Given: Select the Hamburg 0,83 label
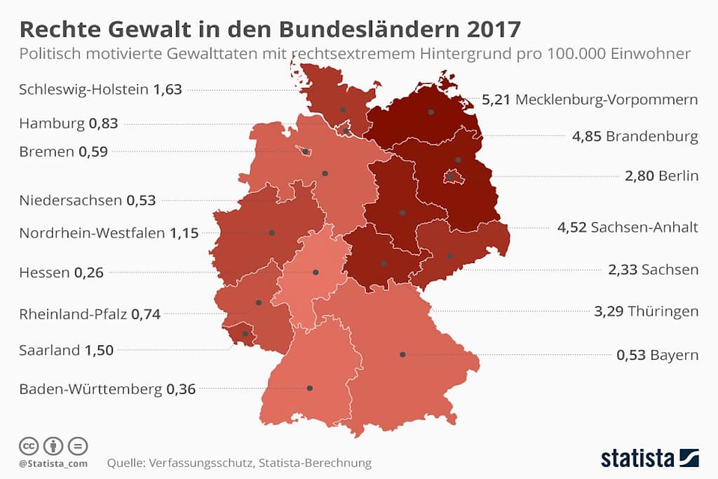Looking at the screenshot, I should point(68,123).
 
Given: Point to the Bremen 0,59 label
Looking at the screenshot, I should point(63,151).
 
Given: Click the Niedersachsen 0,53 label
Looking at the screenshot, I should point(88,201).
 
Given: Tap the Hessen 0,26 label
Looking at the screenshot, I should point(61,273).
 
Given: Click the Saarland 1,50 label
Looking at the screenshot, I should point(66,350).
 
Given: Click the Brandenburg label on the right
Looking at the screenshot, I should point(651,136).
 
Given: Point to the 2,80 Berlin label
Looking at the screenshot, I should point(661,175).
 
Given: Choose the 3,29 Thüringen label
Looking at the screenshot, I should point(646,311).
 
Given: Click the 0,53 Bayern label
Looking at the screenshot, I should point(657,356).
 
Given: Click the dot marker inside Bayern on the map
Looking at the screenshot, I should point(402,354).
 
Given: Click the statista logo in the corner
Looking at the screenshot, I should point(649,458).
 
